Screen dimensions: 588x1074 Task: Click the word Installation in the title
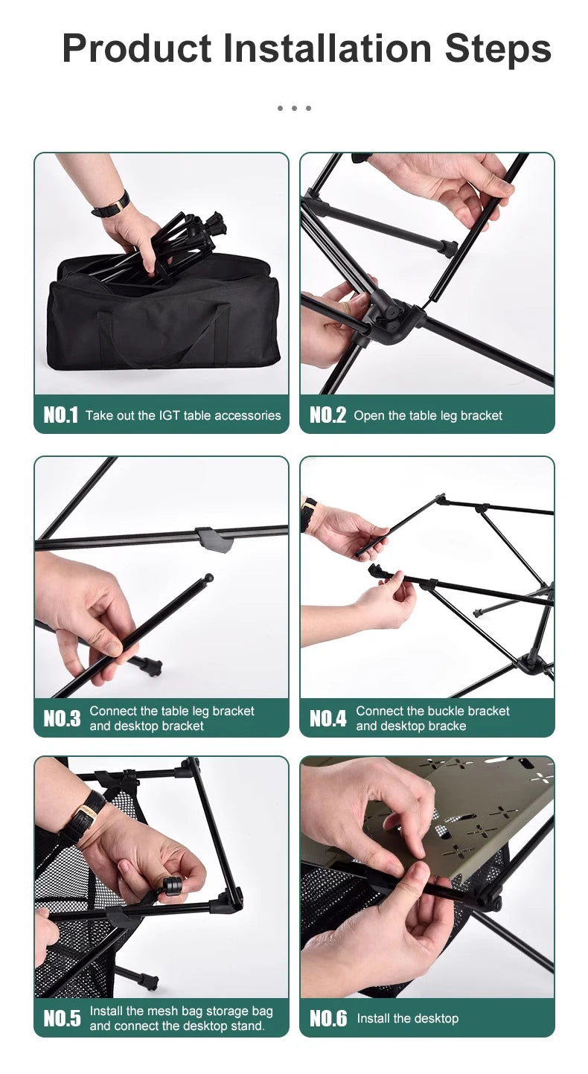[327, 48]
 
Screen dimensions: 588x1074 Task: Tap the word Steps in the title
[498, 49]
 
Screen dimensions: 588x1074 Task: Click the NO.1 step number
[60, 415]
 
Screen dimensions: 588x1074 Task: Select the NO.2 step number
[327, 415]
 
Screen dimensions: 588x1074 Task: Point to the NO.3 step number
[63, 717]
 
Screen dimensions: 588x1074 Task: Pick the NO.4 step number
[328, 717]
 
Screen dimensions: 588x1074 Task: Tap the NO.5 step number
[63, 1018]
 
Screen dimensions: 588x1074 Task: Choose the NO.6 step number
[328, 1018]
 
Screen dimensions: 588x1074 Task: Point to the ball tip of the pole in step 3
[208, 578]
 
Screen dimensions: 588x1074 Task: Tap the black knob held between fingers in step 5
[170, 885]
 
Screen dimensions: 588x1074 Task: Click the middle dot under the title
[294, 108]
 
